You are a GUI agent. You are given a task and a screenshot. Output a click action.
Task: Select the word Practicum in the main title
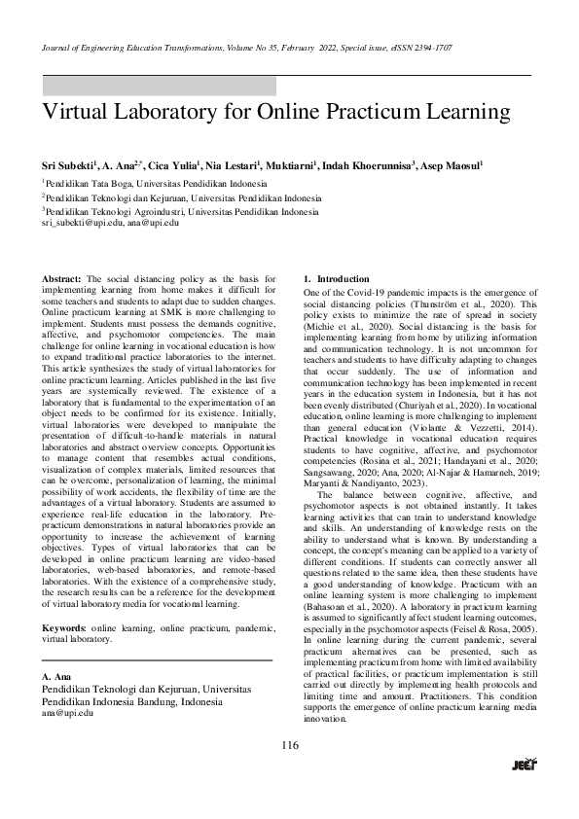[x=384, y=112]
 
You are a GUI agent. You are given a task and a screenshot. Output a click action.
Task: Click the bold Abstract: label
[x=62, y=279]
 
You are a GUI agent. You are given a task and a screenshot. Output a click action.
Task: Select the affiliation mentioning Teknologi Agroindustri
[x=180, y=210]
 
